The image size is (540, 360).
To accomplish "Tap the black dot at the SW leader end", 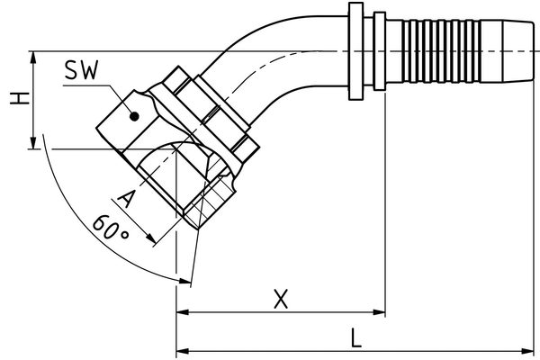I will pos(133,115).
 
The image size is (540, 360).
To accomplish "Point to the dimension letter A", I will pos(126,200).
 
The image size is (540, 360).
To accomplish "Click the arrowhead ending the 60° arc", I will pos(184,281).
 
